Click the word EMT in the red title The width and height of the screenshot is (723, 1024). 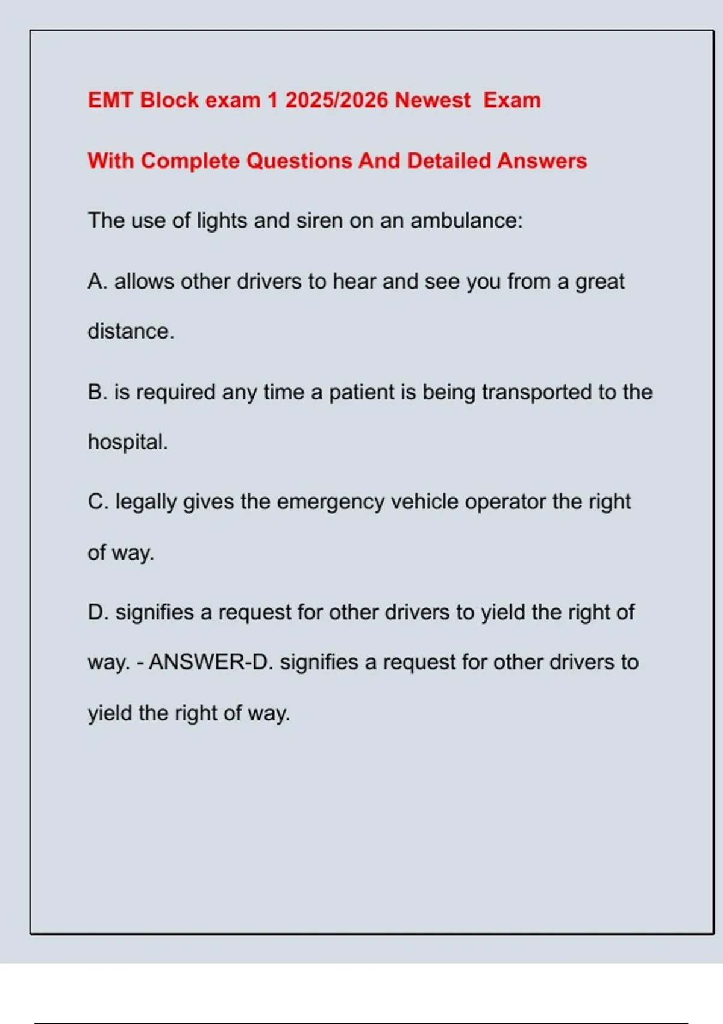[110, 100]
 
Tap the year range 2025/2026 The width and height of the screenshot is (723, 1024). [336, 100]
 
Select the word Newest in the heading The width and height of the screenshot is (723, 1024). [433, 100]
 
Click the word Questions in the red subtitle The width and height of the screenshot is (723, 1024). [299, 161]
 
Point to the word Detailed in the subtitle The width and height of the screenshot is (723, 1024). [449, 161]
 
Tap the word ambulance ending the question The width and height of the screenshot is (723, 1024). [466, 220]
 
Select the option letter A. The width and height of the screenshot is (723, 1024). [97, 281]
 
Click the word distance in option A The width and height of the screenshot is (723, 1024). [131, 331]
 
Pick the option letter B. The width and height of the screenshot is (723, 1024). [97, 392]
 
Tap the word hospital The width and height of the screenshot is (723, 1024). [128, 442]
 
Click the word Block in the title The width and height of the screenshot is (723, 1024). [169, 100]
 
